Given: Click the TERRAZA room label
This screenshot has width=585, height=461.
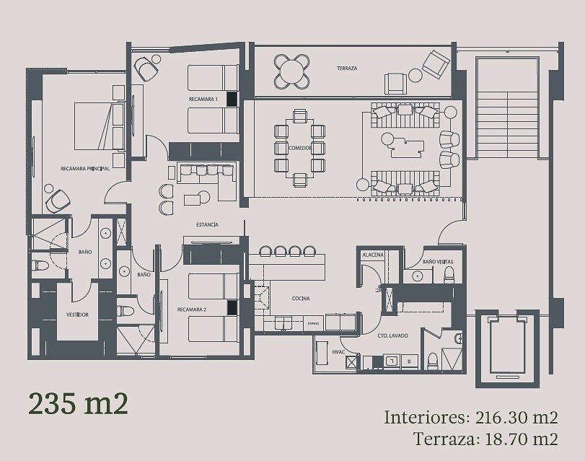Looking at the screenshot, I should (347, 69).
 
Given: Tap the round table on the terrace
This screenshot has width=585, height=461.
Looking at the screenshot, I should (291, 71).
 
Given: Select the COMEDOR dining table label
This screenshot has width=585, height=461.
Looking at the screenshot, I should (299, 148).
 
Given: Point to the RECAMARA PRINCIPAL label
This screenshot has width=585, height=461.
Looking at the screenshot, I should (85, 168).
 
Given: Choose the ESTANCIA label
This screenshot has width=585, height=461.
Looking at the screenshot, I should (206, 225).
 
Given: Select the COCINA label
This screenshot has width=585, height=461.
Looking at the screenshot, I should (301, 297).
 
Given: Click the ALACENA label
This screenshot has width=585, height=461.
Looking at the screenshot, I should (372, 255).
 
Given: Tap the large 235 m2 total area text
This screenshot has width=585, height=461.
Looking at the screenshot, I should (78, 403).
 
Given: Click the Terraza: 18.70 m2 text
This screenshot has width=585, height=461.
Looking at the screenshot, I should (486, 438).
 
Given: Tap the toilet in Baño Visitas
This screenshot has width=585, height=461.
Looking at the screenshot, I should (449, 274).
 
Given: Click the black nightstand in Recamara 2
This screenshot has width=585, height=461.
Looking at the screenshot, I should (232, 308).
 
